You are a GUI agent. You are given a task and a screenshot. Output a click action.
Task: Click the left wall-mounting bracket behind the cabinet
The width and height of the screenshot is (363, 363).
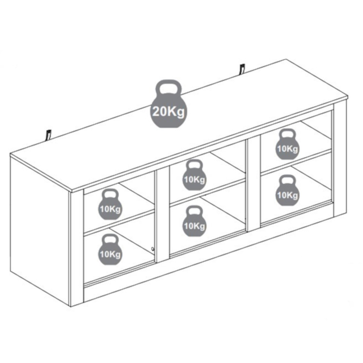pos(49,135)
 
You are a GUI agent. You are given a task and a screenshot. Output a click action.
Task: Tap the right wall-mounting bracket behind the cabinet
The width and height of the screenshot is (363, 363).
pos(242,69)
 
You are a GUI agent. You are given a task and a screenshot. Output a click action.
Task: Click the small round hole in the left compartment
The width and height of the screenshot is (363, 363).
pos(152,249)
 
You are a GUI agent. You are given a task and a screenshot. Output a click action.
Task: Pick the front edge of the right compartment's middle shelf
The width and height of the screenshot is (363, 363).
pos(296,162)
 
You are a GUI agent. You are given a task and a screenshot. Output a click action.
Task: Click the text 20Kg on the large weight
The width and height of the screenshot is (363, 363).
pos(168,112)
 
